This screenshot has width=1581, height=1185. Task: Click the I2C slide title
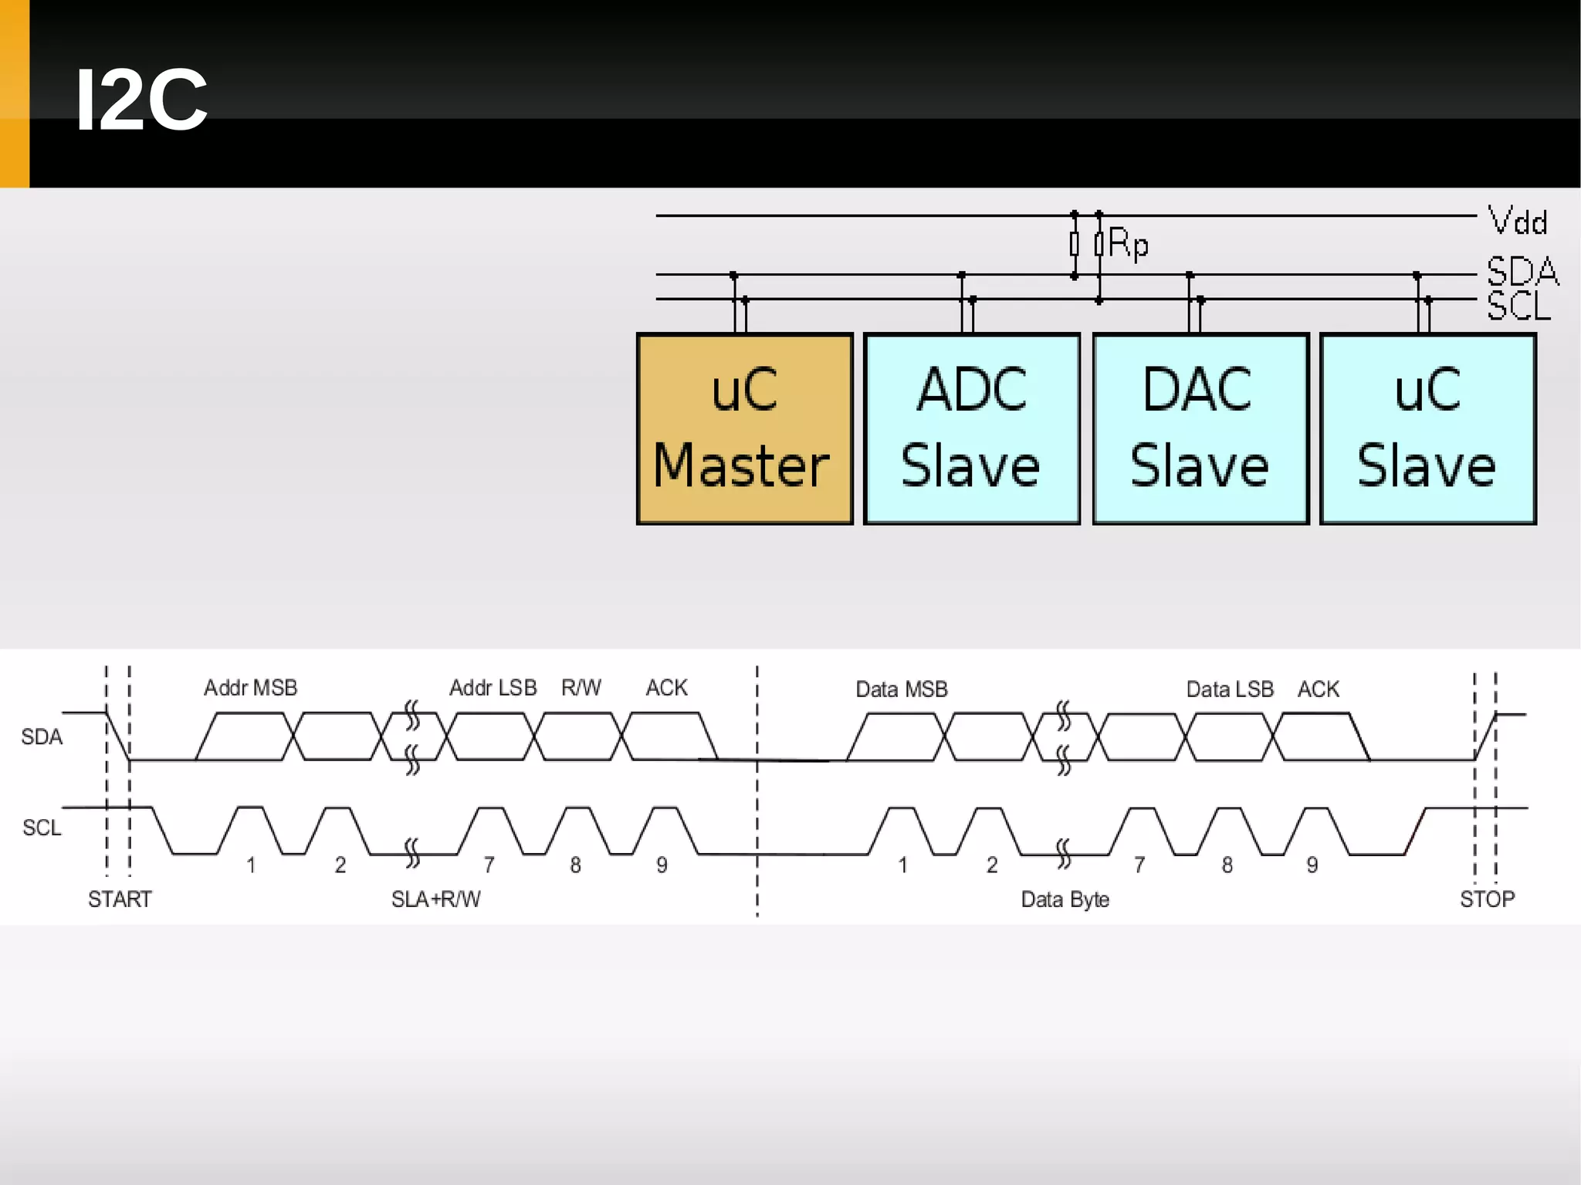pos(141,100)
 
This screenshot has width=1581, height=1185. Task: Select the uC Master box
pos(744,429)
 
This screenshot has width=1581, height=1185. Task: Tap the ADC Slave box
pos(972,429)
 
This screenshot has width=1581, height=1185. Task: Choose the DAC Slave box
pos(1200,429)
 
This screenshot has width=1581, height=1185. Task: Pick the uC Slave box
pos(1428,429)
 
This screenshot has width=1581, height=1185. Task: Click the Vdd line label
pos(1518,222)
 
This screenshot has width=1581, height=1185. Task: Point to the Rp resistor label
pos(1128,244)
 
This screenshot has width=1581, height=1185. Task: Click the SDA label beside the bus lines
pos(1522,272)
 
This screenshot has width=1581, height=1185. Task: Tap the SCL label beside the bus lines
pos(1518,306)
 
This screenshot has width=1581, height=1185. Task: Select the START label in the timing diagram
pos(120,899)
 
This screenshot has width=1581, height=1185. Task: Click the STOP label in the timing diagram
pos(1487,899)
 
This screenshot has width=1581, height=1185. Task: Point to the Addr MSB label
pos(250,688)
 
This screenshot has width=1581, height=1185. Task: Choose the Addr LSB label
pos(493,688)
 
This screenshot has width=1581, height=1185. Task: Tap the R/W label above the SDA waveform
pos(581,688)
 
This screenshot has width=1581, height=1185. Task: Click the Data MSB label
pos(901,689)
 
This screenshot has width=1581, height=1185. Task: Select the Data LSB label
pos(1229,689)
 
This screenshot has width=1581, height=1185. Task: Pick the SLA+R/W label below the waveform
pos(435,899)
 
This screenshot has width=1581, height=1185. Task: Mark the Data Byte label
pos(1065,899)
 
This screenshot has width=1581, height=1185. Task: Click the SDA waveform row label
pos(42,737)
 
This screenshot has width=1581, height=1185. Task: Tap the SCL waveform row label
pos(42,828)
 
